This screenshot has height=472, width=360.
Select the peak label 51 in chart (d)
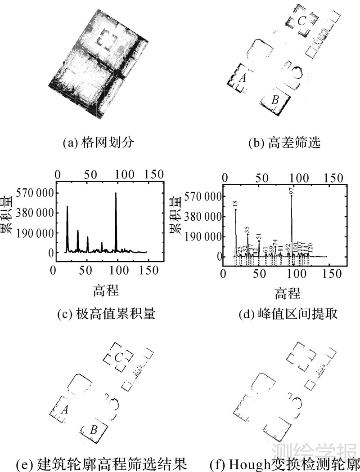(259, 237)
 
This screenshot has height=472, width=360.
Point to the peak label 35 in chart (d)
(247, 230)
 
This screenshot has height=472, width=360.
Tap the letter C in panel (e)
(119, 358)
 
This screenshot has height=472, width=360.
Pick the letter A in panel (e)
(64, 410)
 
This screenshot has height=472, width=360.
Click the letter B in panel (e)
(94, 430)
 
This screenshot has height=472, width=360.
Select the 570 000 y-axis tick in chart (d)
(203, 196)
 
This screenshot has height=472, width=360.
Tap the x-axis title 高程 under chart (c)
(106, 290)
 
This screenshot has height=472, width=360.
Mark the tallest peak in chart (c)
(116, 193)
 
